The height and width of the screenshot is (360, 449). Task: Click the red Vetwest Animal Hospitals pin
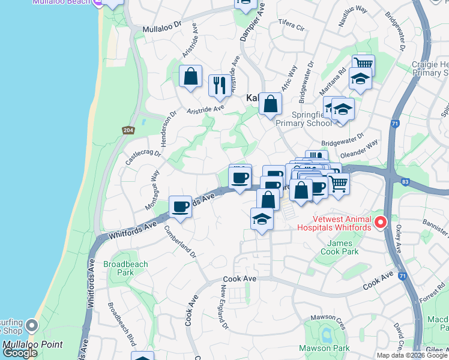pyautogui.click(x=380, y=223)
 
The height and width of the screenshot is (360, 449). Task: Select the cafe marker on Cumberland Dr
pyautogui.click(x=180, y=207)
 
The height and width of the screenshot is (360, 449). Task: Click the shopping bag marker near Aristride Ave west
pyautogui.click(x=190, y=77)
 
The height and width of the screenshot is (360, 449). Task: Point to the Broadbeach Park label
pyautogui.click(x=118, y=268)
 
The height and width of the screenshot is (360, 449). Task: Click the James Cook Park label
pyautogui.click(x=343, y=247)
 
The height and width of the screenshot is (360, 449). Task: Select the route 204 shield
pyautogui.click(x=128, y=130)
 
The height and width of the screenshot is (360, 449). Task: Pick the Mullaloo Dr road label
pyautogui.click(x=161, y=28)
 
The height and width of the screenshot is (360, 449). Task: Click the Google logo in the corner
pyautogui.click(x=20, y=353)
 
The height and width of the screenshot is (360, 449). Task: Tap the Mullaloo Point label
pyautogui.click(x=28, y=344)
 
